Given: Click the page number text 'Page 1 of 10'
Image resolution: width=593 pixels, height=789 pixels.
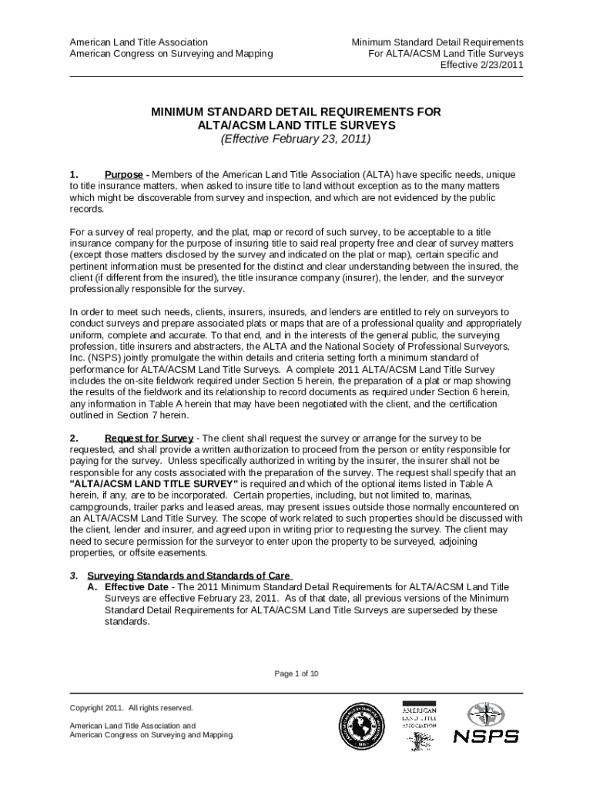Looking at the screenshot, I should pyautogui.click(x=296, y=673).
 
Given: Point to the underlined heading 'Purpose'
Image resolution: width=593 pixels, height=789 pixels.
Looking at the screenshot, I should pyautogui.click(x=123, y=175).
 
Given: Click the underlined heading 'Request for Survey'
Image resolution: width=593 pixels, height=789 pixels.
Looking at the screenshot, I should pyautogui.click(x=149, y=438).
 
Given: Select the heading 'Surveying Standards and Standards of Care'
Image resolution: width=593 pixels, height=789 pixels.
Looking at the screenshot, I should pyautogui.click(x=189, y=576).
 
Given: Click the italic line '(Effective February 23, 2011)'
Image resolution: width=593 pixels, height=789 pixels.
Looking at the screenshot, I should pyautogui.click(x=296, y=139).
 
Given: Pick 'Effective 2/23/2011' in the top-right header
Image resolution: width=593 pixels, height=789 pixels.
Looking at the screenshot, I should pyautogui.click(x=481, y=65).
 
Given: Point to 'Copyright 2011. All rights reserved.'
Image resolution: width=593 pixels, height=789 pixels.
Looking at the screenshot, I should pyautogui.click(x=132, y=707).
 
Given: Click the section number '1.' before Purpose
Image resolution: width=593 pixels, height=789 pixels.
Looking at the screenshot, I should pyautogui.click(x=75, y=175).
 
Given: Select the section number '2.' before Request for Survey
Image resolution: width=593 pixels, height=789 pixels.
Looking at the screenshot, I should pyautogui.click(x=75, y=438).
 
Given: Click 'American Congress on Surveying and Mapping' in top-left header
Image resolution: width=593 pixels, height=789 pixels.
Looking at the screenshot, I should pyautogui.click(x=171, y=53).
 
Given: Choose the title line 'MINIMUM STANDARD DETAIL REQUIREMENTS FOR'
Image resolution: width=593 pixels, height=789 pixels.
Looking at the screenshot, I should pyautogui.click(x=296, y=112).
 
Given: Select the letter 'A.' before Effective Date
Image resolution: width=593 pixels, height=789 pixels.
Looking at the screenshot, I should pyautogui.click(x=94, y=586).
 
